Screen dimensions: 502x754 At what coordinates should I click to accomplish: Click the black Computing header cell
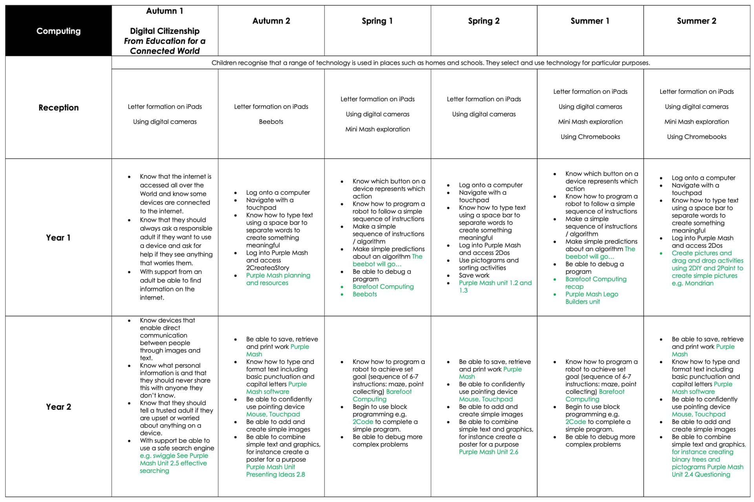[59, 31]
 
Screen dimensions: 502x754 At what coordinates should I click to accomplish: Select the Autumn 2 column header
[271, 21]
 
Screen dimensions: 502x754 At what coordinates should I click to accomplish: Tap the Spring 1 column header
[377, 21]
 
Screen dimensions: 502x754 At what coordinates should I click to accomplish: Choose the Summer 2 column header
[696, 21]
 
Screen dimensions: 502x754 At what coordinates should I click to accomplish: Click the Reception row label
[59, 108]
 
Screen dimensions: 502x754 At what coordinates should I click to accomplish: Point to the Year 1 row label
[58, 238]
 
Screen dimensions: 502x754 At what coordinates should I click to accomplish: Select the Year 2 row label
[59, 407]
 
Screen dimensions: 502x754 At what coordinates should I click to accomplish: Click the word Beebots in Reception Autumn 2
[271, 122]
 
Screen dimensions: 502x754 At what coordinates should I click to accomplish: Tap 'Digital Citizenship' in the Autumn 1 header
[165, 31]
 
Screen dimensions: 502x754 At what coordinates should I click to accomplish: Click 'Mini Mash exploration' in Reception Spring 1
[377, 129]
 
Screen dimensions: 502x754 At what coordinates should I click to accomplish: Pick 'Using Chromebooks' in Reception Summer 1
[590, 137]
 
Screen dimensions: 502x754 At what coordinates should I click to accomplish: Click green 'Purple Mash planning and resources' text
[278, 279]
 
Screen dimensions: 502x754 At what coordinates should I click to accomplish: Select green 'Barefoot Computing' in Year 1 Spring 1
[383, 287]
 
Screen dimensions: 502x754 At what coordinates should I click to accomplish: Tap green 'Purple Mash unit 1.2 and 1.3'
[495, 286]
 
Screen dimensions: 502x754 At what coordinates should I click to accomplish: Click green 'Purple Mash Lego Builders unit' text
[591, 298]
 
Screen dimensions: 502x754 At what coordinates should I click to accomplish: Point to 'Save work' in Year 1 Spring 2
[474, 275]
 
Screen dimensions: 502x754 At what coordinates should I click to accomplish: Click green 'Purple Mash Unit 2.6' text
[489, 452]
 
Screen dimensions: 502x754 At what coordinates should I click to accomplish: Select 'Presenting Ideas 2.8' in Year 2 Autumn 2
[275, 475]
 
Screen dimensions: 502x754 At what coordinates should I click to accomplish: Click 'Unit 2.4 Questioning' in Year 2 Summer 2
[701, 475]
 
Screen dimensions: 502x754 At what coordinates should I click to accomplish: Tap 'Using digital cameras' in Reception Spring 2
[484, 114]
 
